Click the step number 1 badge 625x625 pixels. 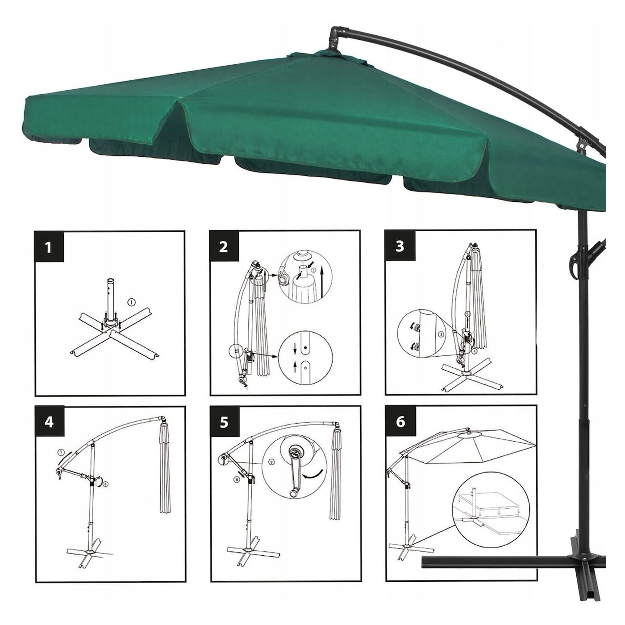coord(49,247)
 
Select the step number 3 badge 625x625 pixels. coord(400,246)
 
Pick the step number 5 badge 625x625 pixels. coord(224,422)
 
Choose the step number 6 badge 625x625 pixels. coord(400,421)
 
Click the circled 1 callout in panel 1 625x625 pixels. coord(132,302)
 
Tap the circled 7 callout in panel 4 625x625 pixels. coord(61,452)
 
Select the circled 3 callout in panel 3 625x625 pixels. coord(441,334)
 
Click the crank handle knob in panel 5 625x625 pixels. coord(293,501)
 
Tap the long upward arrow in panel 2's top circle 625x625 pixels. coord(322,282)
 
